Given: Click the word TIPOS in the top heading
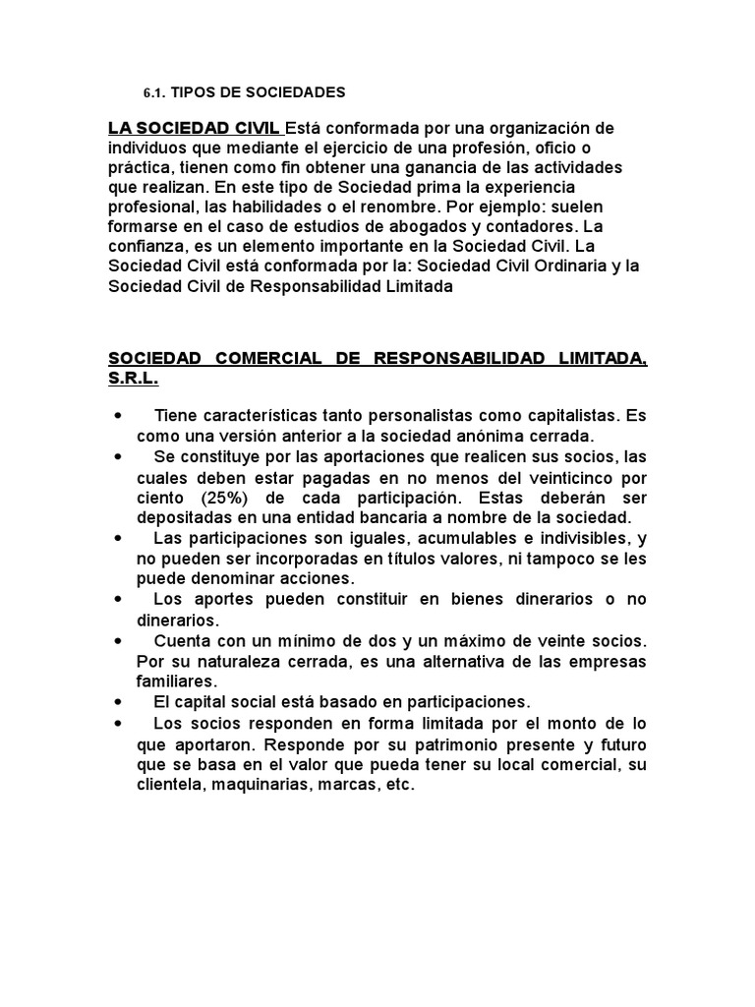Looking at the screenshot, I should tap(194, 93).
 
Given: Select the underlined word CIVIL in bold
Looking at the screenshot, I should tap(254, 129).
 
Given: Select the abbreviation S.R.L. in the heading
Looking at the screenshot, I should tap(133, 378).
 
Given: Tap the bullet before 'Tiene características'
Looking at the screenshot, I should tap(118, 415).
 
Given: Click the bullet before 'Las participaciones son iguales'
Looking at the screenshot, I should tap(118, 537).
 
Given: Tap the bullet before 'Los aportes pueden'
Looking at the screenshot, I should tap(118, 599).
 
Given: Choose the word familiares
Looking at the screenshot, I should tap(175, 680).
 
